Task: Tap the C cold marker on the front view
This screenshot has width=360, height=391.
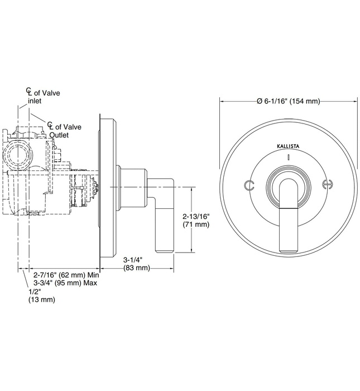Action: pos(249,185)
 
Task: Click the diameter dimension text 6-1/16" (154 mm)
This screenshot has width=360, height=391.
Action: pos(288,101)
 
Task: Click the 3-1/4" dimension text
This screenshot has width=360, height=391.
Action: pos(133,260)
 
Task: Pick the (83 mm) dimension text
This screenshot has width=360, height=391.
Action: pos(137,268)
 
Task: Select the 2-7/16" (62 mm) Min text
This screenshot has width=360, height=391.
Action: pos(66,275)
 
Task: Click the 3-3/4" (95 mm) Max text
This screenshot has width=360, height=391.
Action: pos(66,283)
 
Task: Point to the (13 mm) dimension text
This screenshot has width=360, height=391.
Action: pos(42,300)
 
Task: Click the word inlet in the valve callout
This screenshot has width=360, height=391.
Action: pos(35,102)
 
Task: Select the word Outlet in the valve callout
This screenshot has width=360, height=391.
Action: pos(61,135)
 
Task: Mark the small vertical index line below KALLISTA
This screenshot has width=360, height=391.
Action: pos(288,158)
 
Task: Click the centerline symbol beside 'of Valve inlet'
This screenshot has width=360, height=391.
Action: pos(28,92)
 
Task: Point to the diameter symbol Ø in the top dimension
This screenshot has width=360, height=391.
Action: pos(260,101)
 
